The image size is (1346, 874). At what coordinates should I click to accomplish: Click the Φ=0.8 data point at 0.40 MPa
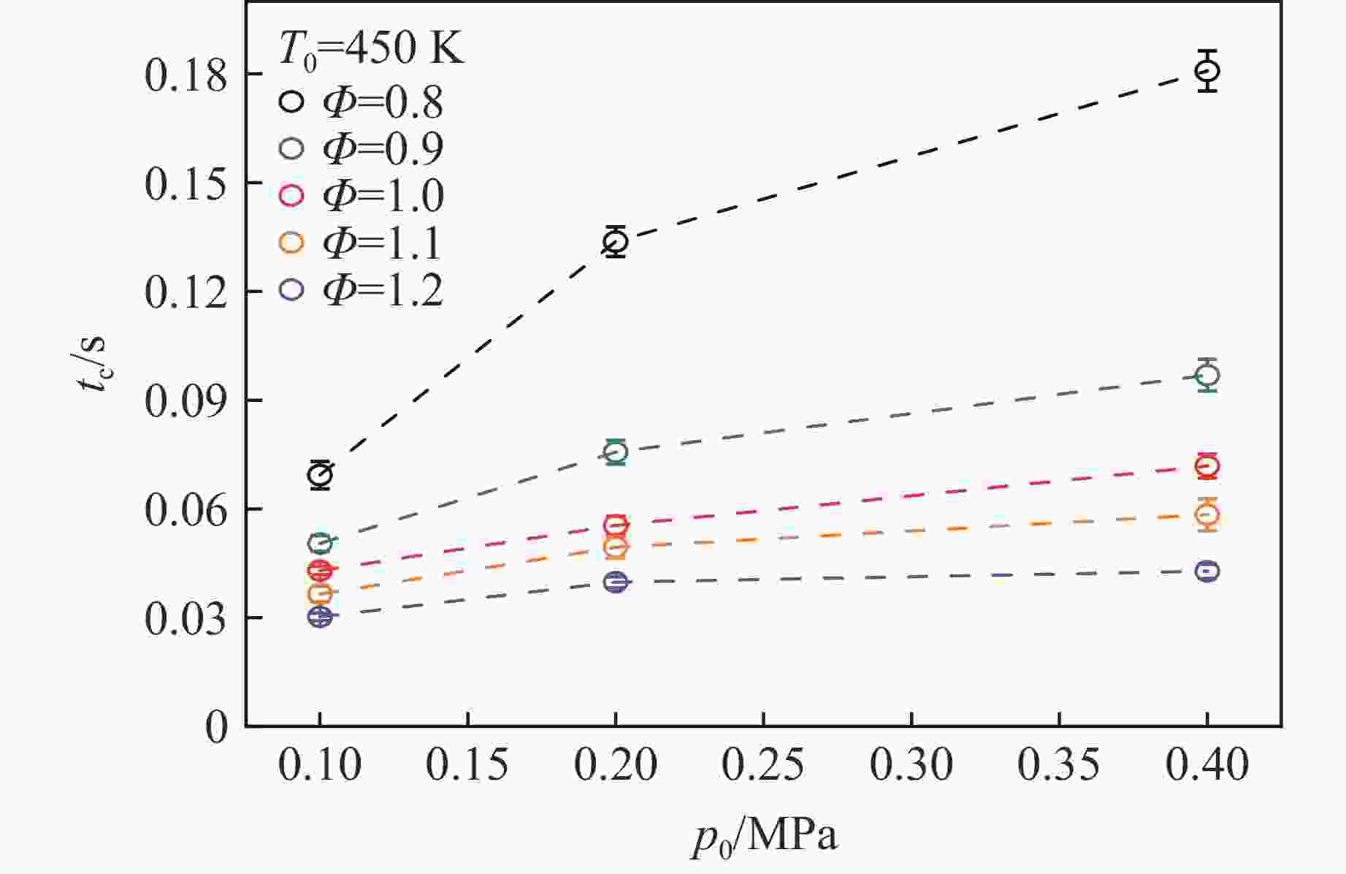(1207, 71)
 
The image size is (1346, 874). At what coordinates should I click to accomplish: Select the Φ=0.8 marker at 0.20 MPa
(616, 242)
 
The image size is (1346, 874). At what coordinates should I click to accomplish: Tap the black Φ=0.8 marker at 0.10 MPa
(320, 475)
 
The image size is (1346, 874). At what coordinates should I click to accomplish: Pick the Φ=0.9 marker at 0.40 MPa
(1207, 376)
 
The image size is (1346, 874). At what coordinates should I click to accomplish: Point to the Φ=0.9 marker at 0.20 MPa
(616, 452)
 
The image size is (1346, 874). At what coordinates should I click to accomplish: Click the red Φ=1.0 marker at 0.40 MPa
(1207, 466)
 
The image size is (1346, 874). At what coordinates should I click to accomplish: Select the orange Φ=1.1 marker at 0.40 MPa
(1207, 515)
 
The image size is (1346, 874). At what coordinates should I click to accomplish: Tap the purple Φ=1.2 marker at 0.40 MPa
(1207, 571)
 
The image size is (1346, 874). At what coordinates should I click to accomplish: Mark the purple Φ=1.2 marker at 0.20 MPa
(616, 582)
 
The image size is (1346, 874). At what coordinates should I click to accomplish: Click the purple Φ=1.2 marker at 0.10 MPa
(320, 617)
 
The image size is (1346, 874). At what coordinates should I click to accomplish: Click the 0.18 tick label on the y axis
(186, 75)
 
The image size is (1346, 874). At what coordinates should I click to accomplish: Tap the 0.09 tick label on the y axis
(186, 401)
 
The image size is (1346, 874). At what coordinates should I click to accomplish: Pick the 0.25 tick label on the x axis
(763, 765)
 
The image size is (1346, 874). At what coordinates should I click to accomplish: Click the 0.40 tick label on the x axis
(1207, 765)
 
